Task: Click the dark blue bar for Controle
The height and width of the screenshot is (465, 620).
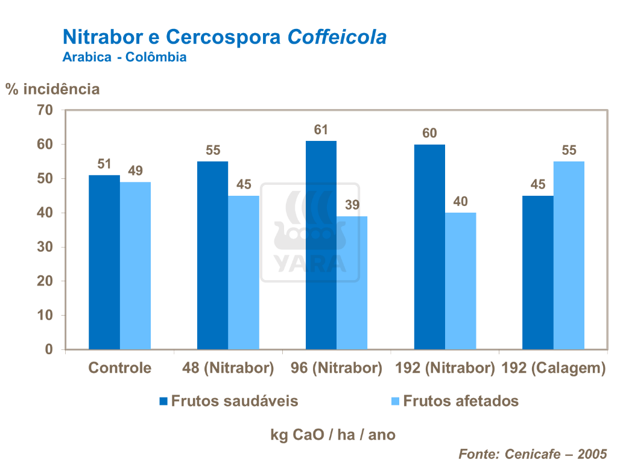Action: tap(104, 262)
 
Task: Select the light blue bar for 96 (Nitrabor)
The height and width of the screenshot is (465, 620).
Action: tap(352, 282)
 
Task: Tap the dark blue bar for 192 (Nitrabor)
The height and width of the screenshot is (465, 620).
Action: tap(429, 247)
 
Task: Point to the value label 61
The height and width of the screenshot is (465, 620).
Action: tap(321, 130)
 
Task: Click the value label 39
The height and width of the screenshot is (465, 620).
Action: tap(352, 205)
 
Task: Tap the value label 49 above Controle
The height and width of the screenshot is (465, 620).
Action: tap(136, 171)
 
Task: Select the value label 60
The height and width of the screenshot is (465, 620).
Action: tap(429, 133)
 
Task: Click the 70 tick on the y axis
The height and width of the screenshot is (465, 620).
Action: tap(45, 110)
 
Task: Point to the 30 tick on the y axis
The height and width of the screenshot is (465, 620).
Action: tap(45, 247)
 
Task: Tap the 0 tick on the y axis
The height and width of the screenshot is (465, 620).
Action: tap(49, 349)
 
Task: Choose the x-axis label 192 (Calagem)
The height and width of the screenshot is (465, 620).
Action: tap(554, 368)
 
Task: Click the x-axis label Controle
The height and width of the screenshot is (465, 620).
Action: tap(119, 368)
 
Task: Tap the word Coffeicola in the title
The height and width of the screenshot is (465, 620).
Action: tap(337, 37)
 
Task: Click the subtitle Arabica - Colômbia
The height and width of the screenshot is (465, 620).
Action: tap(124, 57)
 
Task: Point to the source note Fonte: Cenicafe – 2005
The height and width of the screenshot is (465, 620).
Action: tap(533, 454)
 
